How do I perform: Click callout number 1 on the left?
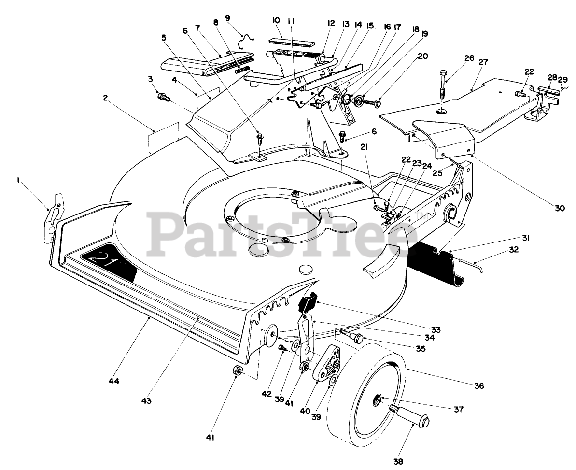click(x=18, y=180)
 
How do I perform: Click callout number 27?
click(x=483, y=62)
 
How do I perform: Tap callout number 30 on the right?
click(x=559, y=208)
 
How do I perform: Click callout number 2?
click(x=105, y=97)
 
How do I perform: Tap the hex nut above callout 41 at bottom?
click(x=237, y=371)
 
